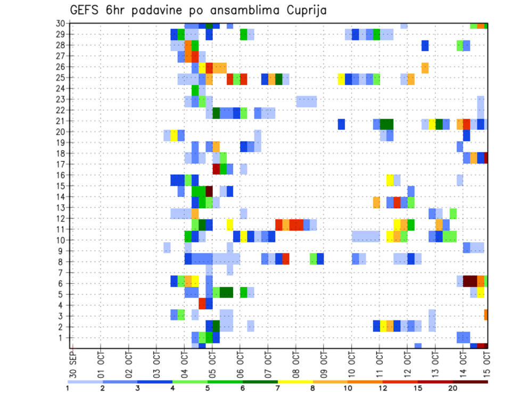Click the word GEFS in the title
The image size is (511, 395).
[x=84, y=11]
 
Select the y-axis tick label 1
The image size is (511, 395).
[x=62, y=338]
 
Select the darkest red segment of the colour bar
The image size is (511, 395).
[x=470, y=381]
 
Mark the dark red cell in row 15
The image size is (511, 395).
[x=209, y=191]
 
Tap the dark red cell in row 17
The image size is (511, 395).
[x=216, y=169]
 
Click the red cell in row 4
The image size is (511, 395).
[x=202, y=303]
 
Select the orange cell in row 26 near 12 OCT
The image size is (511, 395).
[x=425, y=68]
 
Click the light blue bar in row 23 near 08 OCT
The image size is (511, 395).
[x=307, y=101]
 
